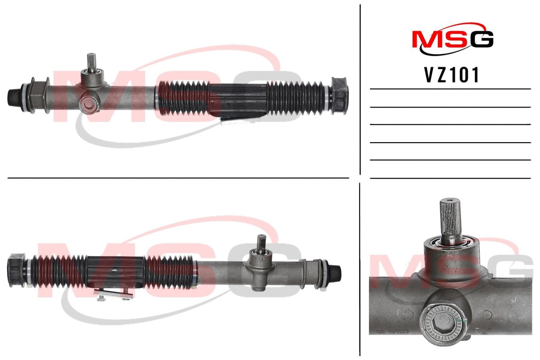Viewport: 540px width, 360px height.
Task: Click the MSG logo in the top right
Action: coord(453,39)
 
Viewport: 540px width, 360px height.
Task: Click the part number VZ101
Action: coord(451,75)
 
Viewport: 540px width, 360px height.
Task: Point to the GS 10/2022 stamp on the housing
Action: coord(393,332)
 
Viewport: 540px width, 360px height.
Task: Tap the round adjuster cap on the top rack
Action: coord(89,106)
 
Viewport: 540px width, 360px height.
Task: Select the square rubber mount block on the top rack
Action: coord(339,96)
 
